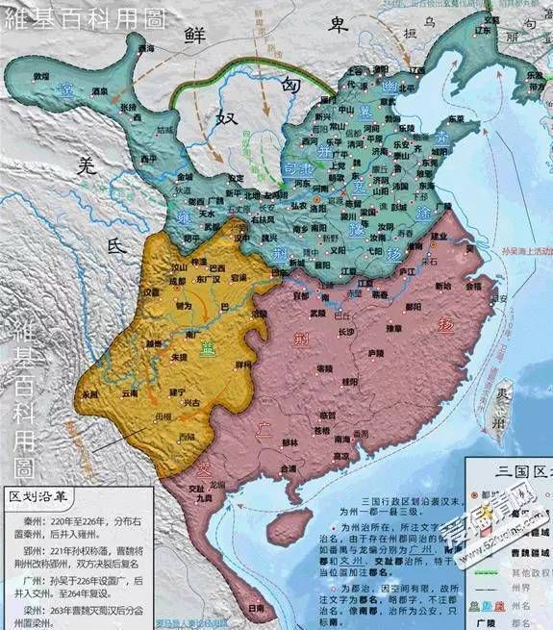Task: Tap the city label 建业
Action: (x=440, y=237)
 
